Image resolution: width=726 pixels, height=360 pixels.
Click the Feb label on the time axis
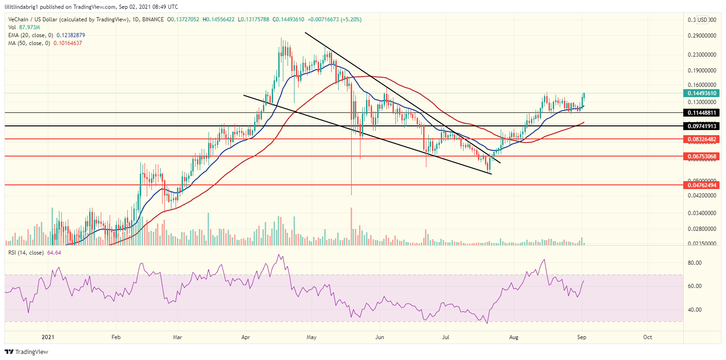coord(116,337)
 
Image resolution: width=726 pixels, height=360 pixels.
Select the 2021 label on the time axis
coord(48,337)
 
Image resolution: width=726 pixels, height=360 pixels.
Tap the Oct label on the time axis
coord(648,337)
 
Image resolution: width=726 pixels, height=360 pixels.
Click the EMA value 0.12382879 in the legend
coord(71,35)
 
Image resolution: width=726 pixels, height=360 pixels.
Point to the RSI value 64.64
coord(54,253)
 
